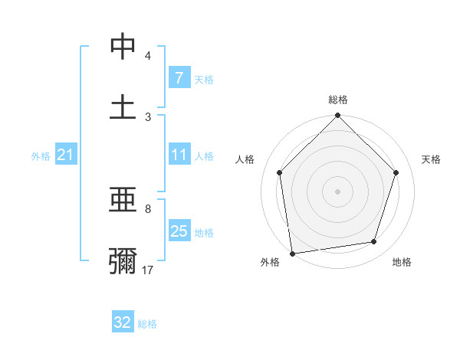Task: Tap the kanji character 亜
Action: [x=123, y=201]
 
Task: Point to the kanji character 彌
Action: [x=123, y=260]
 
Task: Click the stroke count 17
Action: [x=148, y=270]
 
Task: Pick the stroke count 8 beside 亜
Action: [x=148, y=208]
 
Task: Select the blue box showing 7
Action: [x=179, y=77]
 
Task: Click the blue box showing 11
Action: [x=179, y=155]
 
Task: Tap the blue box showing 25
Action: [x=179, y=231]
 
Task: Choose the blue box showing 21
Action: [x=65, y=155]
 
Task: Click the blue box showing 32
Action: [x=123, y=322]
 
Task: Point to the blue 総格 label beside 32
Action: [x=147, y=324]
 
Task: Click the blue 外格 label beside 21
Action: [x=41, y=156]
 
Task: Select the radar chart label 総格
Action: [x=338, y=100]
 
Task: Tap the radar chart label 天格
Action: [x=431, y=159]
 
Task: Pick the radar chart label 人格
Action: [x=246, y=159]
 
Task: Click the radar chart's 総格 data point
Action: [x=338, y=116]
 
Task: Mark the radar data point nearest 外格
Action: [x=292, y=253]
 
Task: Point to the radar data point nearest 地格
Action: [x=374, y=242]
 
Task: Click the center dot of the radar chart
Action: [x=338, y=191]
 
